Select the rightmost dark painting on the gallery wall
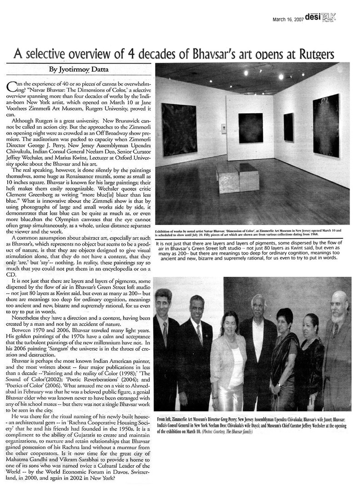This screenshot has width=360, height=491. [325, 125]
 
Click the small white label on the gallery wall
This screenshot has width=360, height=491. [223, 129]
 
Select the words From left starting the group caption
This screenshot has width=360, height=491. [165, 418]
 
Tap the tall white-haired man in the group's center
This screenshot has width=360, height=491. [258, 346]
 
